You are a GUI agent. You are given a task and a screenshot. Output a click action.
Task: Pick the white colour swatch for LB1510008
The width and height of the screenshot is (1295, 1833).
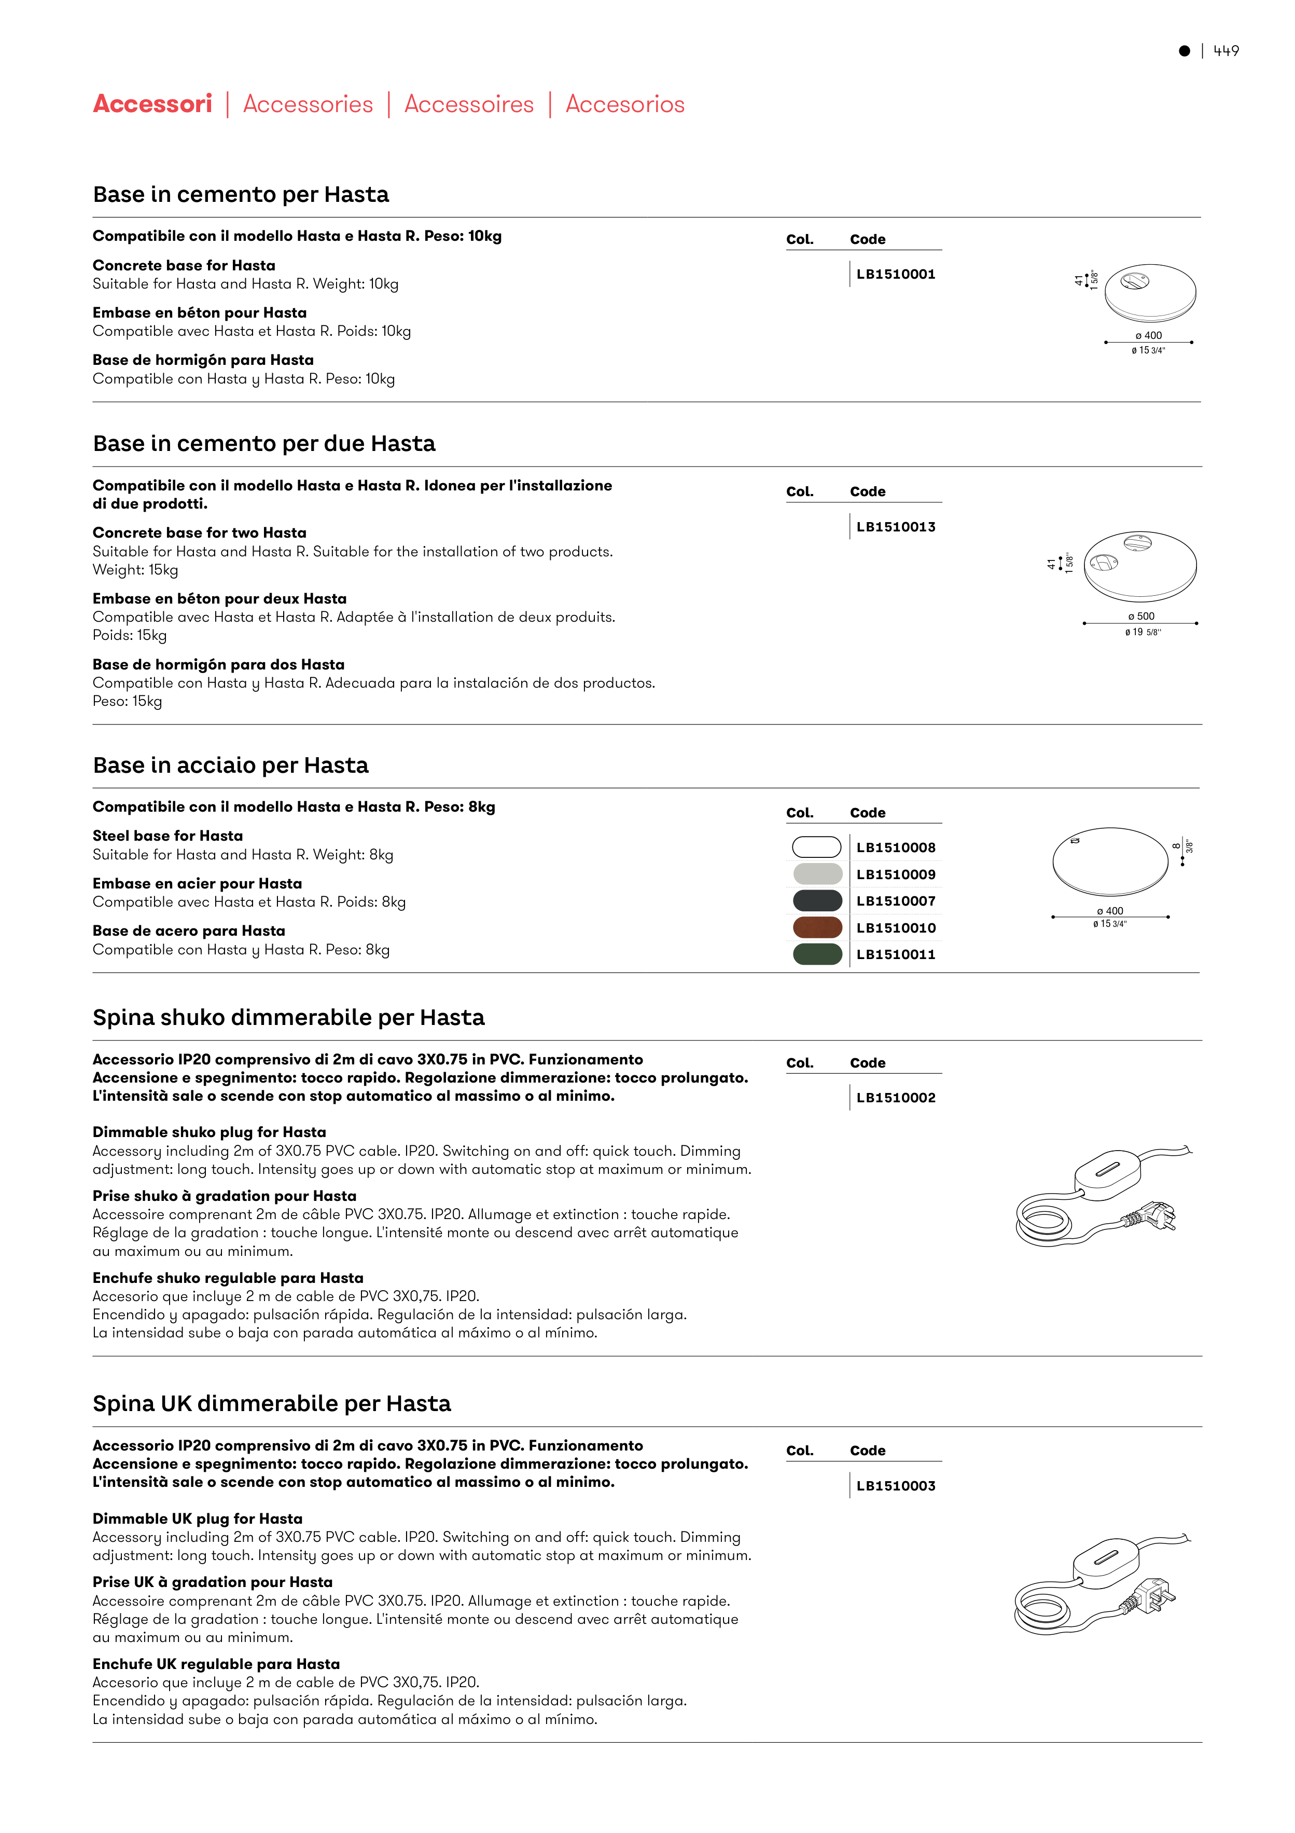pos(816,847)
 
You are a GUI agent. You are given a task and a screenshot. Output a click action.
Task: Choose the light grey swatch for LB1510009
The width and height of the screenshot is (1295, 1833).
pos(817,874)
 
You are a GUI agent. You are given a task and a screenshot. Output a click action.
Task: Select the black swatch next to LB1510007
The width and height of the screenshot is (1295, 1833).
pos(817,900)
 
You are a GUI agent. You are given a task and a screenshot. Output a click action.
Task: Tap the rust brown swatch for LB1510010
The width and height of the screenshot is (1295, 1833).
pos(817,928)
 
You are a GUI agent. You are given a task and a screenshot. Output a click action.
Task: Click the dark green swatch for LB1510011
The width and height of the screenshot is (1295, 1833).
pos(817,954)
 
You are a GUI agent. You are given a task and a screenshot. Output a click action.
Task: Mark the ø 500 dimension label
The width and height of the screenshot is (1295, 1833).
pos(1141,617)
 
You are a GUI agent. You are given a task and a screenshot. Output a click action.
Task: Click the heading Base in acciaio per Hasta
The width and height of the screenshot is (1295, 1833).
pos(231,765)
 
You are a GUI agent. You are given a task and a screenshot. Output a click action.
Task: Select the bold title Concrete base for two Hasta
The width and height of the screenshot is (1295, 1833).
pos(200,532)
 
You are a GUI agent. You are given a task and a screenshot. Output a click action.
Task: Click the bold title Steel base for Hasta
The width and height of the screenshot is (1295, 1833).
pos(168,836)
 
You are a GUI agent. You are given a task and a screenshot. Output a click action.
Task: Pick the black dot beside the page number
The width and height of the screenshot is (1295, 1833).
pos(1184,51)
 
